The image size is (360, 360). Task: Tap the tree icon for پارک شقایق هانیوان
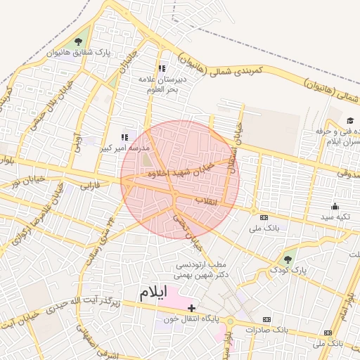(x=86, y=41)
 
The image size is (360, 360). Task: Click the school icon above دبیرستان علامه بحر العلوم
(x=162, y=69)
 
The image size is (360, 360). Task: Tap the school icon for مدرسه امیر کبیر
(x=125, y=137)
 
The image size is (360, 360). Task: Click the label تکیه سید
(x=335, y=217)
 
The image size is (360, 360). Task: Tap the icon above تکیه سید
(x=335, y=206)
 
